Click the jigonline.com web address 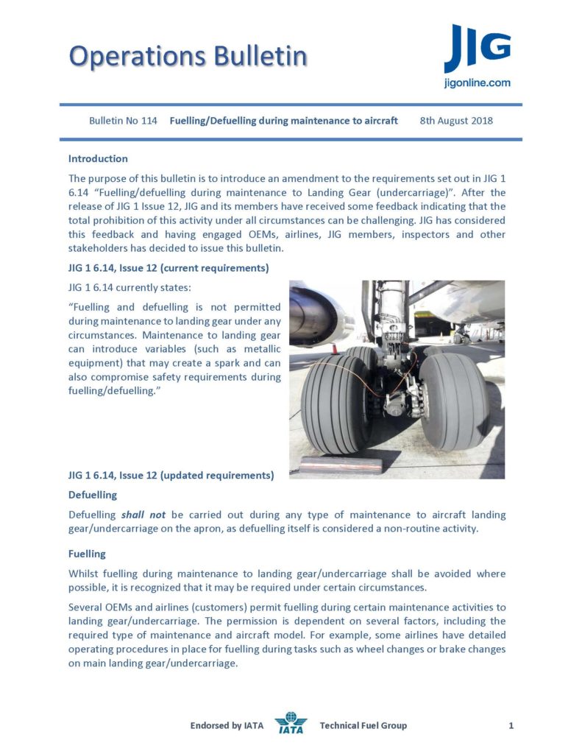477,83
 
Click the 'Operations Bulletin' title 188,55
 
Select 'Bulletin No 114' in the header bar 123,121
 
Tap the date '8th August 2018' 456,121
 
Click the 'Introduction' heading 98,158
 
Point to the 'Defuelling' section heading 92,495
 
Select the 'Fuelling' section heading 87,553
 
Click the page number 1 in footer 511,726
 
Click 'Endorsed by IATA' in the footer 227,726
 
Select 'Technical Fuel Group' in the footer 363,726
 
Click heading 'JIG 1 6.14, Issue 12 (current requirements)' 168,267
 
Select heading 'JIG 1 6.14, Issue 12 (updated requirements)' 171,475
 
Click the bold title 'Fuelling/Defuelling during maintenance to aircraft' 284,121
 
